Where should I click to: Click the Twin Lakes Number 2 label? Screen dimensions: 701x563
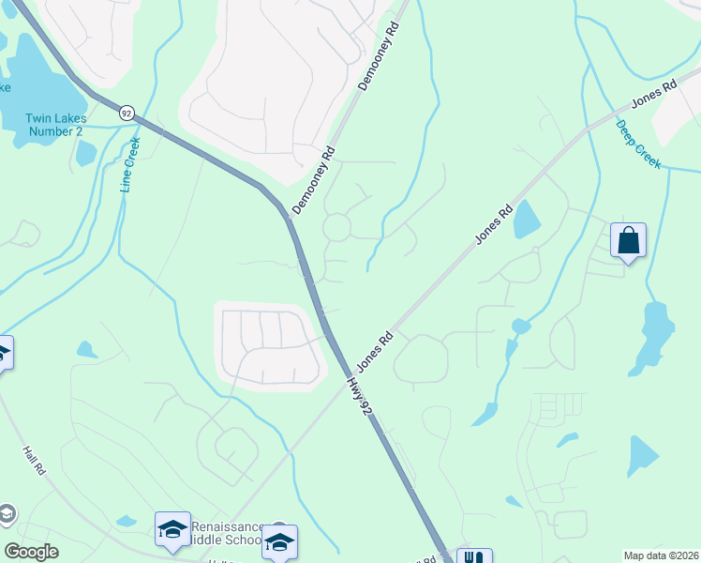(x=53, y=125)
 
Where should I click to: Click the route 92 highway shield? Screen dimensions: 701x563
(x=127, y=113)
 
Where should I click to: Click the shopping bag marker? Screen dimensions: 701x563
(x=628, y=240)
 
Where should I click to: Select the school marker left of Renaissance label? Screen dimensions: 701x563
(x=172, y=529)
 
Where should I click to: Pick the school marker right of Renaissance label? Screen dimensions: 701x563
(x=279, y=542)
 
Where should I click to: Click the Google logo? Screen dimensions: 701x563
(x=31, y=552)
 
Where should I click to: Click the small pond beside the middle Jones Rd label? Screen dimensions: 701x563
(x=527, y=219)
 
